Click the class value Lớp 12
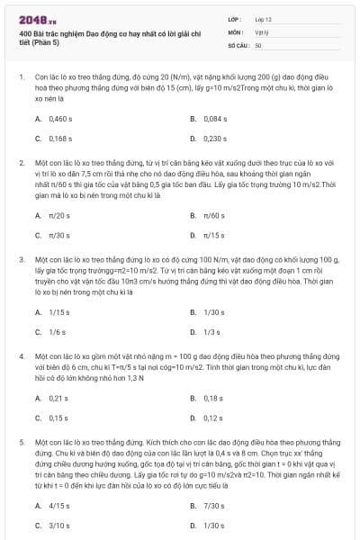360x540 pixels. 264,18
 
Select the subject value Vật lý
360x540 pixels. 261,31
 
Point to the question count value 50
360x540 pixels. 258,44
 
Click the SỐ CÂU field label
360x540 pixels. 237,44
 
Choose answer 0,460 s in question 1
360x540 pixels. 60,118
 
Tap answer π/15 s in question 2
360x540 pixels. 213,235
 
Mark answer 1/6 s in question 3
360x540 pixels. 57,332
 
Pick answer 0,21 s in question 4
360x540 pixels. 58,398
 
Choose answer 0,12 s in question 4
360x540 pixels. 213,418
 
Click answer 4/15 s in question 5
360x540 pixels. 59,505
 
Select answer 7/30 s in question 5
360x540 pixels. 213,505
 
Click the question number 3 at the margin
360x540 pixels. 21,258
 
